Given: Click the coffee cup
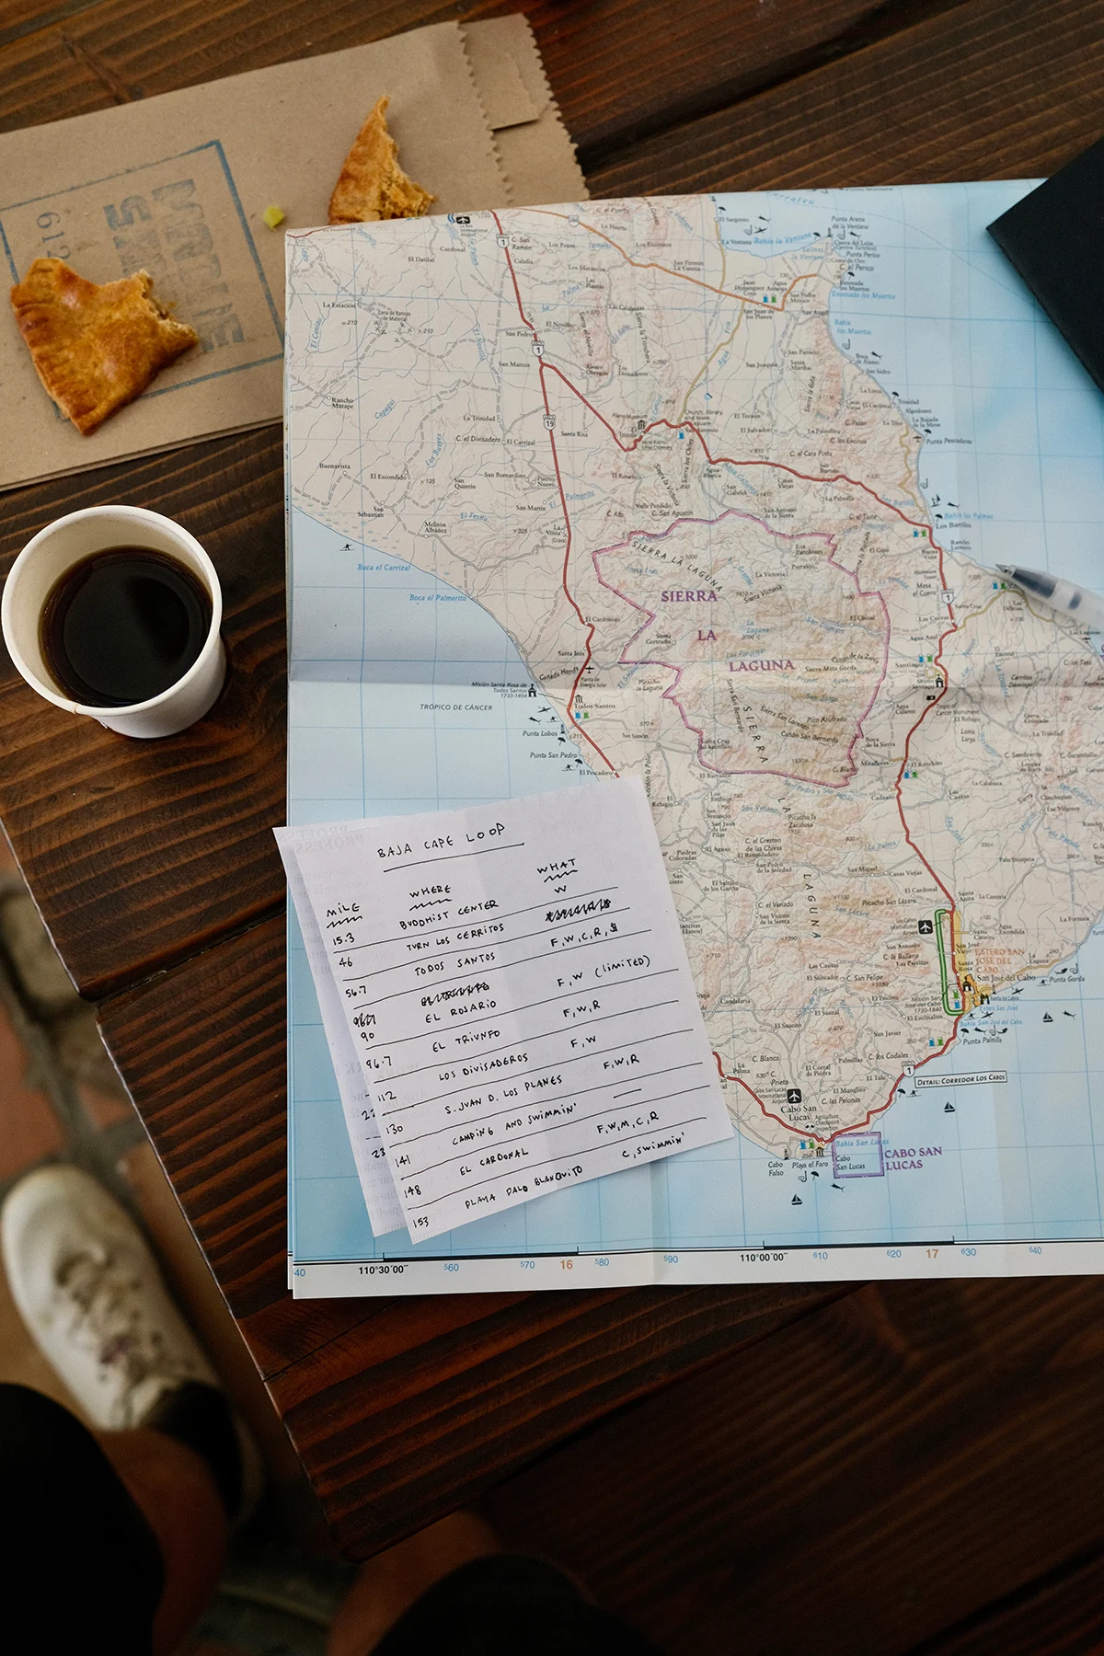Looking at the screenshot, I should pyautogui.click(x=115, y=621).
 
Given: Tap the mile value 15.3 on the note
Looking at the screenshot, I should pyautogui.click(x=343, y=939).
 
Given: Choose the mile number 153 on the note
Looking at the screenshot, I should pyautogui.click(x=420, y=1221).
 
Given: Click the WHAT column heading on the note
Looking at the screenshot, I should pyautogui.click(x=557, y=869).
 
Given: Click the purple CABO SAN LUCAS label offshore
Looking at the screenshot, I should pyautogui.click(x=913, y=1157).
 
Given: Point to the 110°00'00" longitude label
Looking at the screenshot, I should pyautogui.click(x=764, y=1257).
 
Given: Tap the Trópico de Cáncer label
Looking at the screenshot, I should pyautogui.click(x=455, y=707).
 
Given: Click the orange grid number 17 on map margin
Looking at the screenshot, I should pyautogui.click(x=932, y=1253).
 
